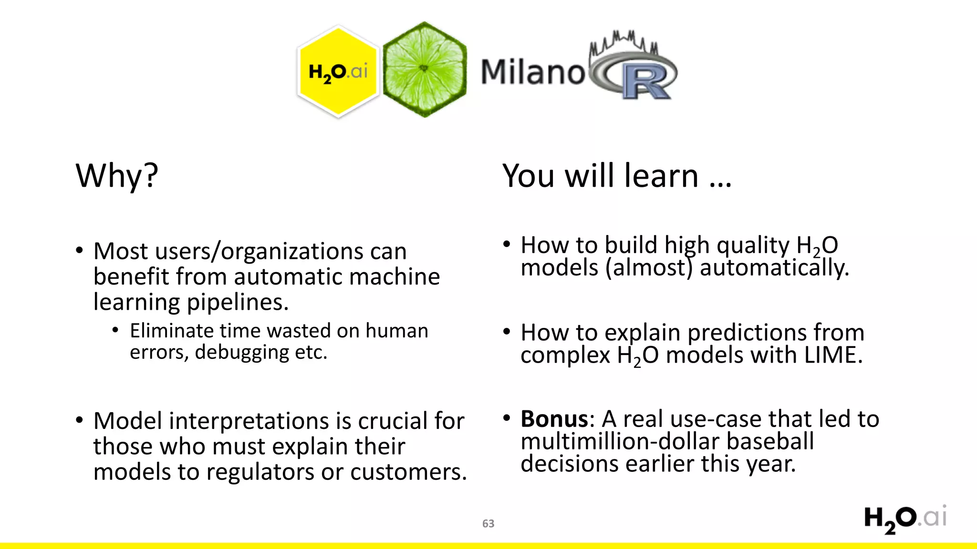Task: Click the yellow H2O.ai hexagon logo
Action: click(338, 71)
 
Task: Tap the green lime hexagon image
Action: click(424, 70)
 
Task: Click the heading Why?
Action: click(117, 176)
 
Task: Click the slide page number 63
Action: click(488, 523)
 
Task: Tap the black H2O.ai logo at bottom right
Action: click(905, 519)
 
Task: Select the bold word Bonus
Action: click(554, 419)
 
